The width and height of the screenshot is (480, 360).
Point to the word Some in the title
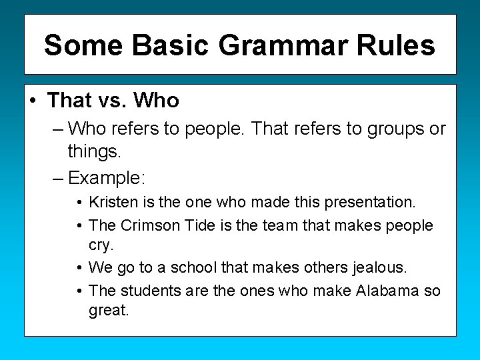(x=84, y=45)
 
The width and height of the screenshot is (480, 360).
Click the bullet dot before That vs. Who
(x=33, y=101)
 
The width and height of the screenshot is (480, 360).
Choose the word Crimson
(x=151, y=225)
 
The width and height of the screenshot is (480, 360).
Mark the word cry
(x=101, y=245)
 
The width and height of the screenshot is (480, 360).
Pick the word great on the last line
(x=108, y=311)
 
